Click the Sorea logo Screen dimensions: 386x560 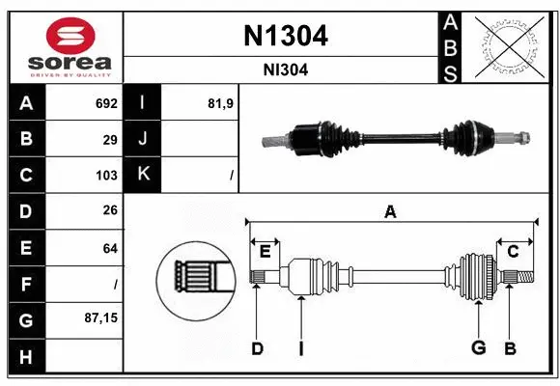tap(64, 46)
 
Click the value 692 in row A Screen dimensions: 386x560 tap(106, 103)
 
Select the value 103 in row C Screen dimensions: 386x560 tap(106, 175)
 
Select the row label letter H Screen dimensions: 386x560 tap(26, 356)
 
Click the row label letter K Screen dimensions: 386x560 tap(143, 175)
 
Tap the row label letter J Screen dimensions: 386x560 tap(143, 139)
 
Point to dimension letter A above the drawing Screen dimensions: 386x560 tap(390, 211)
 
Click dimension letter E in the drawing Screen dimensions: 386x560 tap(265, 251)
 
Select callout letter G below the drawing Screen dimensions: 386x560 tap(477, 348)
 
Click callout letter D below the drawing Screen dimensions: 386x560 tap(257, 348)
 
